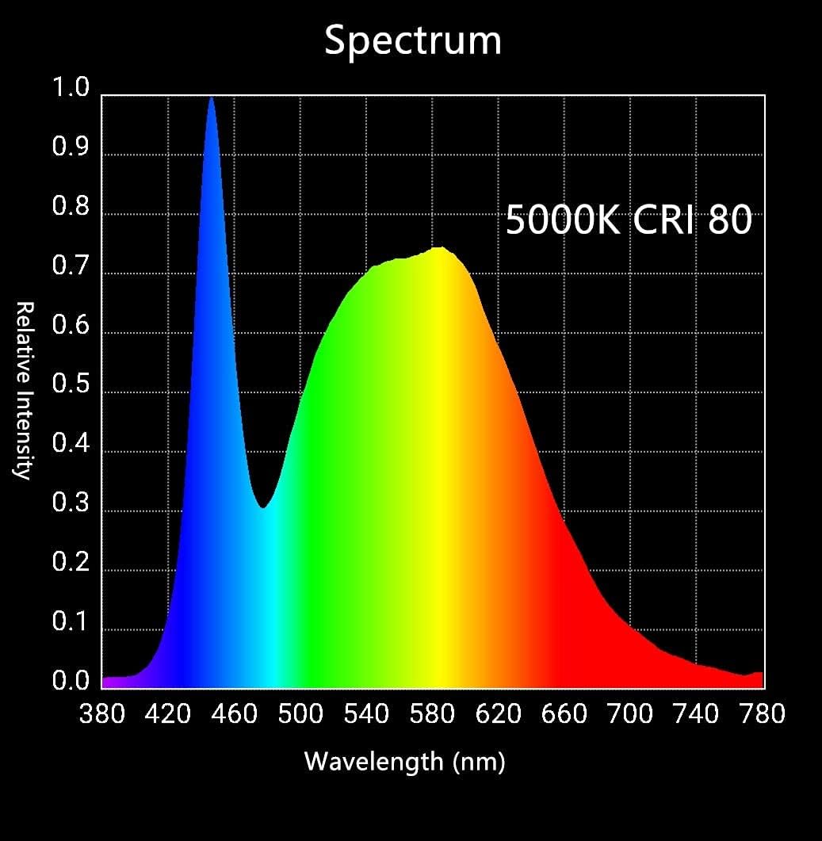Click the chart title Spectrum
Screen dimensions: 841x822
click(412, 40)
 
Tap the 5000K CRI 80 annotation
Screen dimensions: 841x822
click(628, 220)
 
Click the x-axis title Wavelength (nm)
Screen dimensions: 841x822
click(405, 762)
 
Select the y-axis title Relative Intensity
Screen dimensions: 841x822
click(24, 390)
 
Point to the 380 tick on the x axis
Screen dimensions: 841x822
click(102, 714)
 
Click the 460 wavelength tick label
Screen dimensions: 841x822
click(236, 714)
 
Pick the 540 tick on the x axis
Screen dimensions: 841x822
click(367, 714)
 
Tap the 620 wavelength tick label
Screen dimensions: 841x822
click(499, 714)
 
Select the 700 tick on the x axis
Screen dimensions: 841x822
click(630, 714)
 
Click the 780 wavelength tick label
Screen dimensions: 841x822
click(762, 714)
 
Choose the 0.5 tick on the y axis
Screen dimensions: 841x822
click(71, 385)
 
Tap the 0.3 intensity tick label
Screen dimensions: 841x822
click(71, 504)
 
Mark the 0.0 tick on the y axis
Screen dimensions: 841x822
click(71, 682)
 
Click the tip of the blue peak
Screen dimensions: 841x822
click(211, 97)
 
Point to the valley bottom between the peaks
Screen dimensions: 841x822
click(263, 506)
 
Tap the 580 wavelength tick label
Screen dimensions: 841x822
click(433, 714)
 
